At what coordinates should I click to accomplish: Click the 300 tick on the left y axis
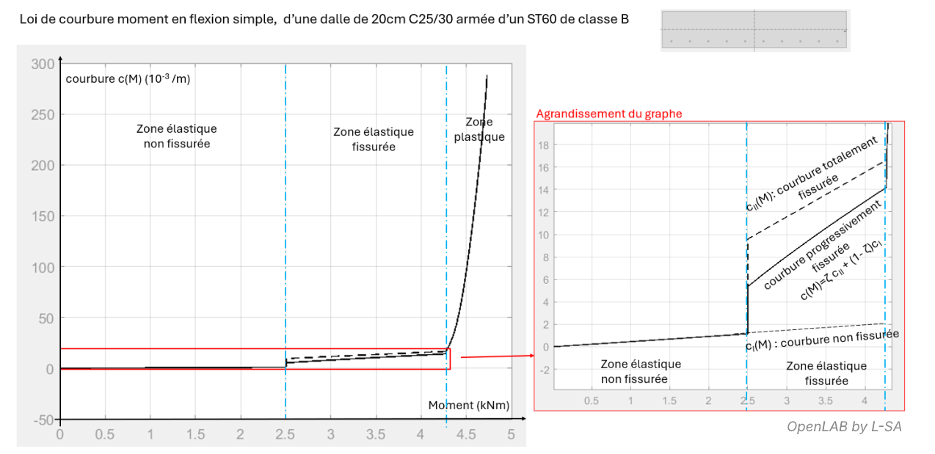point(43,64)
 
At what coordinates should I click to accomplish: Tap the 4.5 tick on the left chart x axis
point(465,434)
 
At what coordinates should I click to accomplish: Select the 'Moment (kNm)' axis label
point(469,405)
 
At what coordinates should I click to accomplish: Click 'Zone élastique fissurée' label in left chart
point(374,139)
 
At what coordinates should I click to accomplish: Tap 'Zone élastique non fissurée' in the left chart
point(177,136)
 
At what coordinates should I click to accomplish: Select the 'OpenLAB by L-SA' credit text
point(844,426)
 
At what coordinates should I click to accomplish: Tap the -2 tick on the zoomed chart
point(544,369)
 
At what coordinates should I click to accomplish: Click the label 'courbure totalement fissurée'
point(807,176)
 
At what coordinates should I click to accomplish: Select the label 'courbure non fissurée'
point(826,342)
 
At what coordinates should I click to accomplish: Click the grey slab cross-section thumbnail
point(754,29)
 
